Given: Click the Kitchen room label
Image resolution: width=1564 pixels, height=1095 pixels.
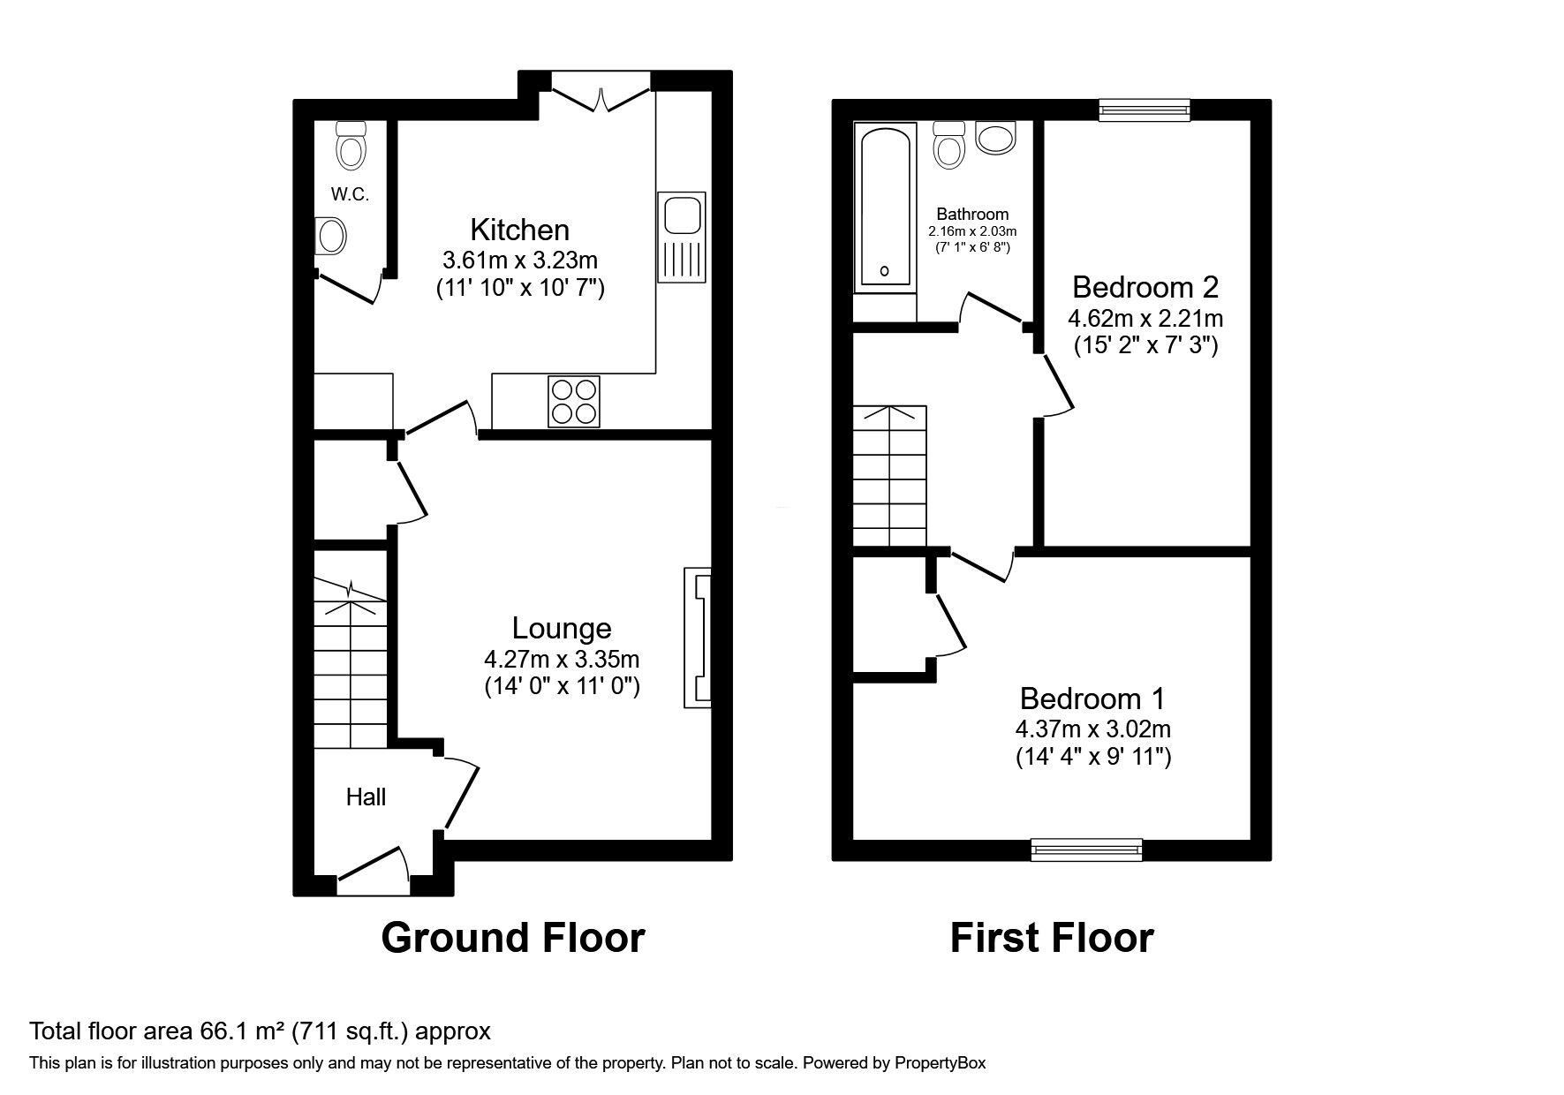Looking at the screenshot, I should point(519,230).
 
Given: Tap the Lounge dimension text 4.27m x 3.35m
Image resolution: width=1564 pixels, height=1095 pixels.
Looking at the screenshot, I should point(562,659).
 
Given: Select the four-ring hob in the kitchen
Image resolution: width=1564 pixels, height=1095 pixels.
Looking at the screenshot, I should point(573,401).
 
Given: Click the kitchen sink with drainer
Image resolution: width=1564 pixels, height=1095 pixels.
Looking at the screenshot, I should point(681,237).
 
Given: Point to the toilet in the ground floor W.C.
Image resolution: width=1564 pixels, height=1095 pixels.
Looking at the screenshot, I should point(351,146).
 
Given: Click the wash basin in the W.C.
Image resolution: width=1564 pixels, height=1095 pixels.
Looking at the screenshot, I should point(331,236).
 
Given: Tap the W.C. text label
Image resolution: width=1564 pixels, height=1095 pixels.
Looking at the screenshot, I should point(350,195).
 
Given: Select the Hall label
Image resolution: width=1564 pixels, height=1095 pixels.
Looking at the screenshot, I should point(366,797).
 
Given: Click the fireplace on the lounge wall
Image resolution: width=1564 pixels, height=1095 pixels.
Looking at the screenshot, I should point(698,637).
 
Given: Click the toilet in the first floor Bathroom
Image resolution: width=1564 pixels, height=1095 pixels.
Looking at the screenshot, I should point(949,145).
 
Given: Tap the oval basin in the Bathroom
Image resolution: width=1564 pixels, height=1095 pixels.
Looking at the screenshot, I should point(997,138).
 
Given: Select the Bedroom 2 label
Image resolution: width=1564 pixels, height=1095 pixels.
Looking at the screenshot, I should point(1145,287).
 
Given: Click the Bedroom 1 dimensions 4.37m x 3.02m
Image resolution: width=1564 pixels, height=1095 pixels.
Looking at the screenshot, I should point(1092,729).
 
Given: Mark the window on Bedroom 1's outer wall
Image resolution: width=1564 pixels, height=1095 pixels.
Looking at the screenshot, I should point(1086,850).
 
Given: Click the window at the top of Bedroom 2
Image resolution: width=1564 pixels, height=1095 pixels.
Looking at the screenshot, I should point(1144,109).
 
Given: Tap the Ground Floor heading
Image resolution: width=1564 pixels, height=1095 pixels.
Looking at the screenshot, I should point(512,937).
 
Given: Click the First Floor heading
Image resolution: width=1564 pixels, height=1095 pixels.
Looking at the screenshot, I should point(1051,937).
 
